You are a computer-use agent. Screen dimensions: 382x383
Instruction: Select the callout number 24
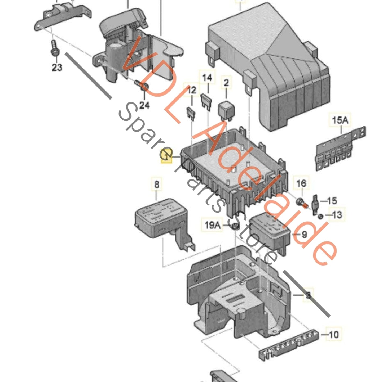pyautogui.click(x=144, y=105)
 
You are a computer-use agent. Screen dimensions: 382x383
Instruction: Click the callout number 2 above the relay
pyautogui.click(x=226, y=83)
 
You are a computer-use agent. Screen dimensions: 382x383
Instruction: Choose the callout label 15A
pyautogui.click(x=340, y=120)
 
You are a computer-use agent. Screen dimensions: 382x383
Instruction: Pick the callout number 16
pyautogui.click(x=301, y=183)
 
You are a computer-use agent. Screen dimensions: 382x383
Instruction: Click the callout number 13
pyautogui.click(x=337, y=214)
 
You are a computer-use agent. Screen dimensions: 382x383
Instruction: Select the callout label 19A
pyautogui.click(x=213, y=225)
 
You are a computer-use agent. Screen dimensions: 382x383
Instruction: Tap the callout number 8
pyautogui.click(x=157, y=184)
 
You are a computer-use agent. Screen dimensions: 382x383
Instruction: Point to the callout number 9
pyautogui.click(x=304, y=234)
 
